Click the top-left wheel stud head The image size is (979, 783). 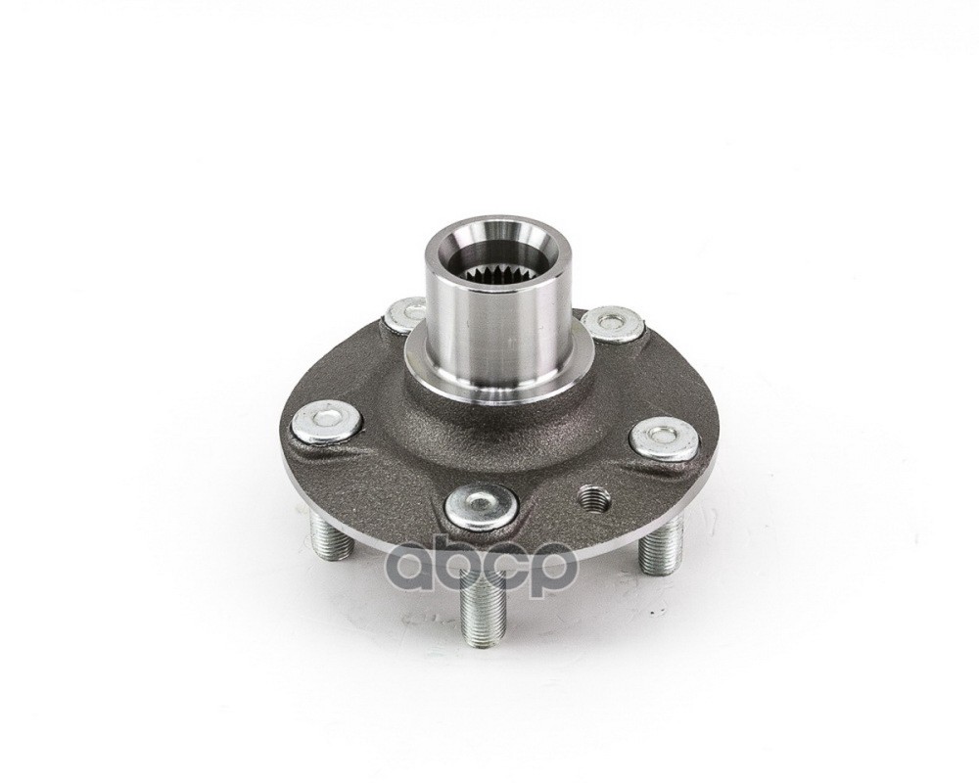404,315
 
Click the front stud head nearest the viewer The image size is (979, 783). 482,505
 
